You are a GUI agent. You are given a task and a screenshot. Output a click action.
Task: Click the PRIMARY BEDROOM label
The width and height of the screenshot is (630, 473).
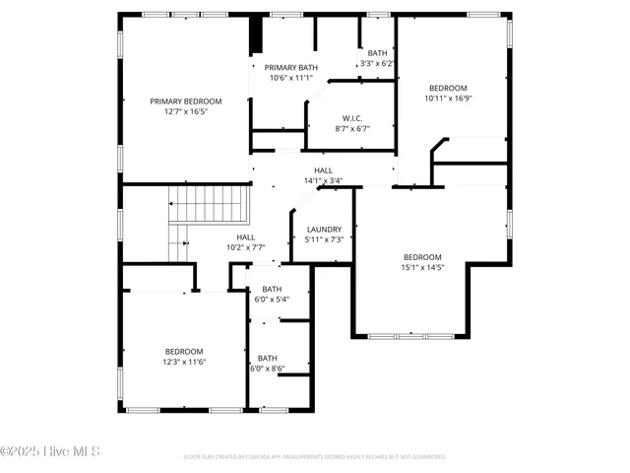(x=185, y=101)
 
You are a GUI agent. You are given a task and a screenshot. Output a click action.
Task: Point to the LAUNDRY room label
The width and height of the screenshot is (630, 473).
(x=324, y=229)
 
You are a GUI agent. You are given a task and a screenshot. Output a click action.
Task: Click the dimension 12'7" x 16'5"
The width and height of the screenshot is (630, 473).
(x=185, y=111)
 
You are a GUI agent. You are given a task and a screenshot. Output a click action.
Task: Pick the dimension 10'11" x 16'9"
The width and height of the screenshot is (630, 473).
(x=448, y=99)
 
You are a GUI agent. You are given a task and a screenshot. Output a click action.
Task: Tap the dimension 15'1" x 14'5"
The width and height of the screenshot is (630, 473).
(x=422, y=267)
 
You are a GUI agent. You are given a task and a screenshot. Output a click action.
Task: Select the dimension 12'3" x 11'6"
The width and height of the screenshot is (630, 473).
(x=184, y=362)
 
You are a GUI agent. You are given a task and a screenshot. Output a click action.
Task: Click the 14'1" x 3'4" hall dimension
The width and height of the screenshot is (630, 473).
(x=322, y=180)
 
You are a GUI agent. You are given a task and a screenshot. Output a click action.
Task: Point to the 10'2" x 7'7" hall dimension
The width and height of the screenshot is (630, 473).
(x=246, y=247)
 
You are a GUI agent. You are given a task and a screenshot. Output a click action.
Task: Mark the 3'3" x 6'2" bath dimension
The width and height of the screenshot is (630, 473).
(x=377, y=63)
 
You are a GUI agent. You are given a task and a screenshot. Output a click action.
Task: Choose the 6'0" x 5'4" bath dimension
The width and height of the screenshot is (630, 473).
(x=272, y=300)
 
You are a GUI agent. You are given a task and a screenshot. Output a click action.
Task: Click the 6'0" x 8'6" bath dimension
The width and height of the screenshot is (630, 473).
(x=267, y=369)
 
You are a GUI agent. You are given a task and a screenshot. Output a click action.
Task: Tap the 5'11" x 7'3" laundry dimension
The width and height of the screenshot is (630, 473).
(x=324, y=239)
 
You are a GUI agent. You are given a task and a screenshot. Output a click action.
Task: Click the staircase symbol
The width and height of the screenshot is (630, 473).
(x=208, y=206)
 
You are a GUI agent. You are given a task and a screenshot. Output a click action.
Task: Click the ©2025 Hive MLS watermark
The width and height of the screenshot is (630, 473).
(x=50, y=452)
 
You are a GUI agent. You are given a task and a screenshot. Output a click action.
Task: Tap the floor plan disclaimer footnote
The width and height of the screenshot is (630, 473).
(x=315, y=457)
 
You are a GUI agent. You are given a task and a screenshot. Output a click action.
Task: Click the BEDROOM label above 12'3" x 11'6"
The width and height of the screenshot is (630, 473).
(x=184, y=352)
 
